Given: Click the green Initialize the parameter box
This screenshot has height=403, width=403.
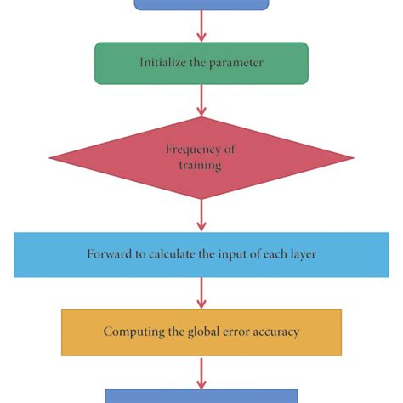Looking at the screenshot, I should point(201,63).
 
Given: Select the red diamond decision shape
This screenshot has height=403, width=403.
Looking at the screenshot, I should point(201,157).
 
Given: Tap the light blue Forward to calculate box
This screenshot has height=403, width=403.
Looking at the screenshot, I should point(201,254).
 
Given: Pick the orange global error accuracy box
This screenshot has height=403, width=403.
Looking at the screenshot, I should point(201,332).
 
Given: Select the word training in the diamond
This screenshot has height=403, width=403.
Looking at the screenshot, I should point(201,166).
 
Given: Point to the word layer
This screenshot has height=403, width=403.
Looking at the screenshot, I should point(298,254).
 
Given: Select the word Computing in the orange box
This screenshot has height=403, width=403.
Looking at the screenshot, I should point(132,332).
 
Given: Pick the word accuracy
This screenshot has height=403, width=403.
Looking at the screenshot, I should point(275,332).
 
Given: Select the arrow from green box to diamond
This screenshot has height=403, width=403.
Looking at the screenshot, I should point(201,100).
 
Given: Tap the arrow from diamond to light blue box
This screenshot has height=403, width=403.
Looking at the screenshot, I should point(201,216).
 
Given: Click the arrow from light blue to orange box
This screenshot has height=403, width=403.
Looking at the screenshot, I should point(201,293).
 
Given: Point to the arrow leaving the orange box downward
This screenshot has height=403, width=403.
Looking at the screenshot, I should point(201,372).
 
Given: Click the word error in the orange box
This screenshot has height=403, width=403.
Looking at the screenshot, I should point(232,332).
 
